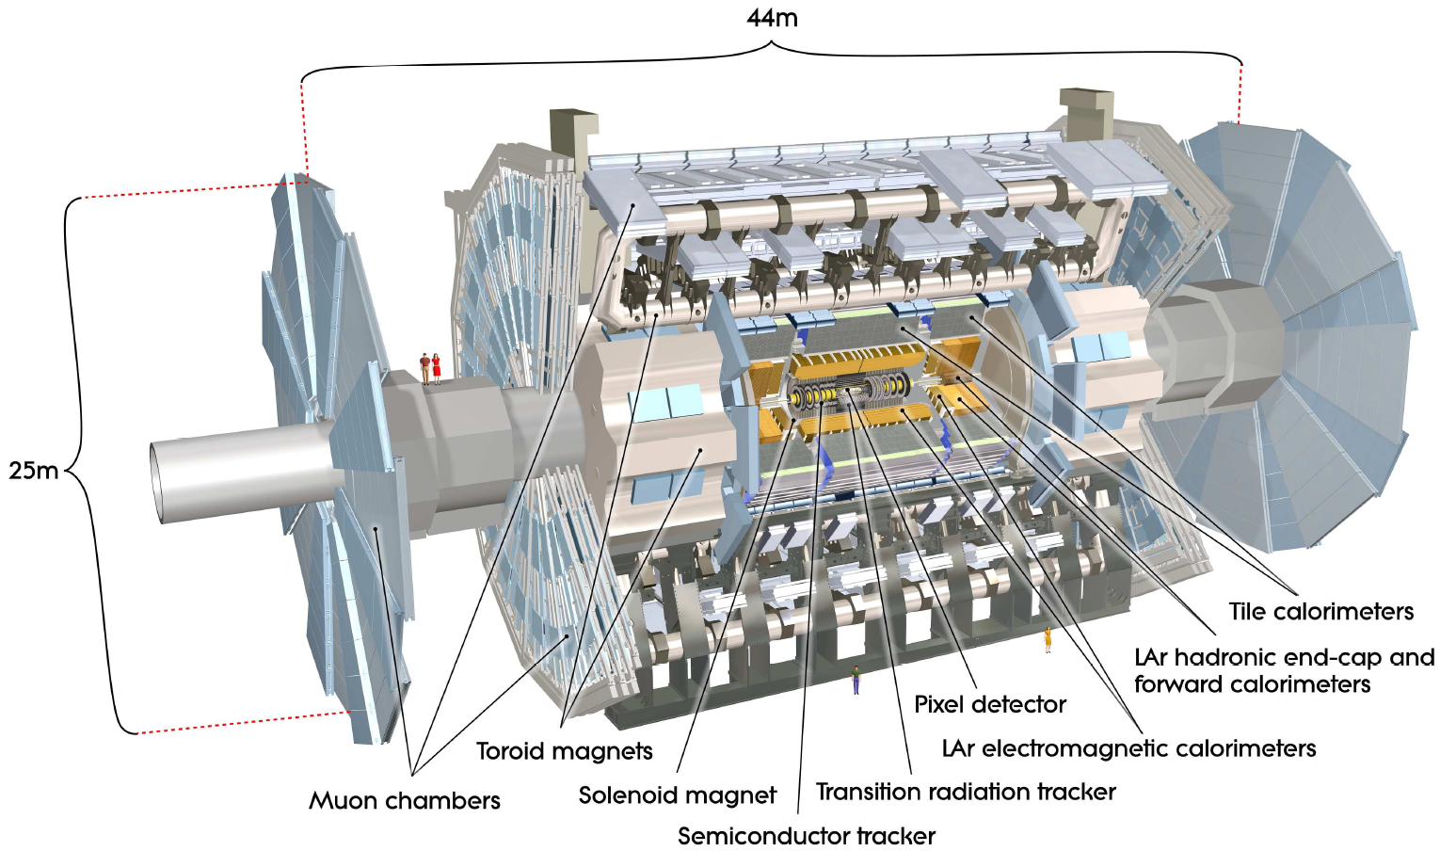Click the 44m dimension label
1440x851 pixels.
(x=772, y=18)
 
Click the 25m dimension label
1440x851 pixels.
(x=33, y=470)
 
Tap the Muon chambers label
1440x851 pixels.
(x=405, y=801)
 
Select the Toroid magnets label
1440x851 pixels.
(x=564, y=751)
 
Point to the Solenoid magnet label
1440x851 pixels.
(x=677, y=795)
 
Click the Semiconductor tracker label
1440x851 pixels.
(x=807, y=836)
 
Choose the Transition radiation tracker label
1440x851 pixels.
(x=966, y=792)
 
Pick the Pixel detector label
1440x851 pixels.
(x=990, y=704)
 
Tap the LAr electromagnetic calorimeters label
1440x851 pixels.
(x=1128, y=748)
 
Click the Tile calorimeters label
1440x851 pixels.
(x=1320, y=612)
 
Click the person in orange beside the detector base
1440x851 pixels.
(x=1047, y=639)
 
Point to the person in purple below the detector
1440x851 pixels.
(x=856, y=680)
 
